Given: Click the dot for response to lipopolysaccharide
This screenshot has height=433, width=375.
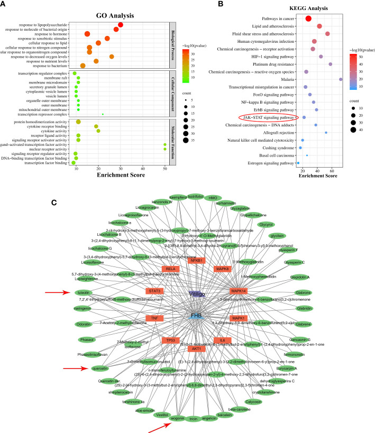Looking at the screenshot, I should [x=121, y=25].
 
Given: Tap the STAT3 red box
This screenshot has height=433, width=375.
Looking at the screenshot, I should [x=154, y=291].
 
